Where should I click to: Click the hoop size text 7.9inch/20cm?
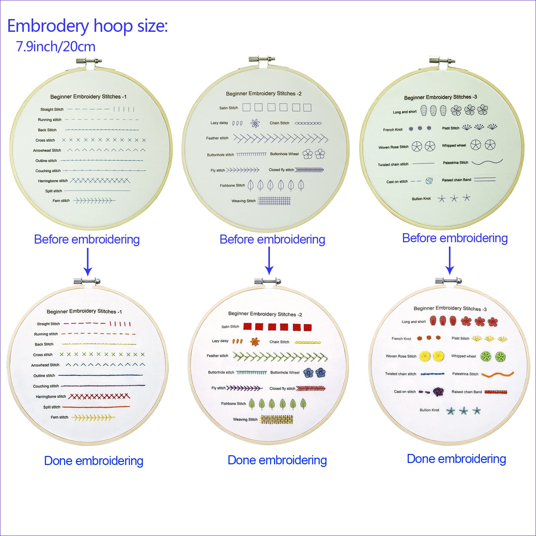click(56, 47)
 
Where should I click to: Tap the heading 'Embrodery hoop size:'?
click(87, 26)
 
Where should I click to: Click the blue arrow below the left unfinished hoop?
click(87, 262)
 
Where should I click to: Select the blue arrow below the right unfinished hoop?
click(450, 261)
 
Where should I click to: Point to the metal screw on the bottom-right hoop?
click(448, 281)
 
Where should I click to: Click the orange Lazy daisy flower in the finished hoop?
click(255, 342)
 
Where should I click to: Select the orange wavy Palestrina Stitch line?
click(497, 375)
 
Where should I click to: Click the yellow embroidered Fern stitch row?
click(93, 418)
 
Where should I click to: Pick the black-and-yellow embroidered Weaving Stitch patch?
click(276, 419)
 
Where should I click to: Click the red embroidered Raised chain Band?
click(496, 392)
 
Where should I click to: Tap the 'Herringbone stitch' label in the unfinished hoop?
click(53, 181)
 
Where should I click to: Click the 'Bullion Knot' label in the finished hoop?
click(429, 410)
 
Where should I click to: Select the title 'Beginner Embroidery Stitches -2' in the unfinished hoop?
click(264, 93)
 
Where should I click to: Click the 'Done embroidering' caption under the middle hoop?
click(277, 460)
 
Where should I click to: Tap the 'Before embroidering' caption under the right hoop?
click(455, 238)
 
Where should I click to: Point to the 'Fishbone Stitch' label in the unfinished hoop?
click(232, 185)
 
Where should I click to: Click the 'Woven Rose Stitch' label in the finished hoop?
click(401, 356)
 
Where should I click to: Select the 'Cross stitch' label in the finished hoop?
click(43, 355)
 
